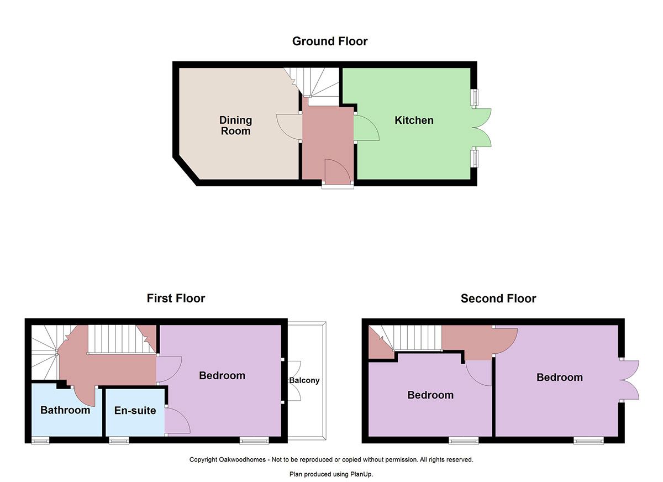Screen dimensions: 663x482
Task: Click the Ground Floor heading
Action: click(x=330, y=41)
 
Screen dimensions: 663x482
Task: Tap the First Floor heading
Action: click(x=176, y=298)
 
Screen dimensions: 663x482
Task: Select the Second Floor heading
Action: click(x=498, y=298)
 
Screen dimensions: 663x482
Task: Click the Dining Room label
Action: click(x=235, y=125)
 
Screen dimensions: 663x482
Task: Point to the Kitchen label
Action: click(x=414, y=120)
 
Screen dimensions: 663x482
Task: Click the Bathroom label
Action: click(x=65, y=410)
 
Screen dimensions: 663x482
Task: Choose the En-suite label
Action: click(x=135, y=410)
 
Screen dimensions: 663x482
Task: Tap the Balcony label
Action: click(x=304, y=380)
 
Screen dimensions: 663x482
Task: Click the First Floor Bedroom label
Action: click(x=222, y=375)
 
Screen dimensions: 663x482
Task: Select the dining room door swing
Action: click(x=289, y=127)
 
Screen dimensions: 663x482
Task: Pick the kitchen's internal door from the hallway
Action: click(x=366, y=128)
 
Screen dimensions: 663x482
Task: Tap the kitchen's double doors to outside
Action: click(x=482, y=128)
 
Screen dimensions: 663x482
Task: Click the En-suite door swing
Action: click(x=177, y=421)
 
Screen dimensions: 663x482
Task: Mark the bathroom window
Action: click(x=40, y=441)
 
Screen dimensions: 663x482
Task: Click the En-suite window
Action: click(x=119, y=441)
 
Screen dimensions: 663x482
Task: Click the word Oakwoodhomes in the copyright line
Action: click(x=242, y=459)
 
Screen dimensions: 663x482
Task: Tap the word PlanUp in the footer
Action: click(x=361, y=474)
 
